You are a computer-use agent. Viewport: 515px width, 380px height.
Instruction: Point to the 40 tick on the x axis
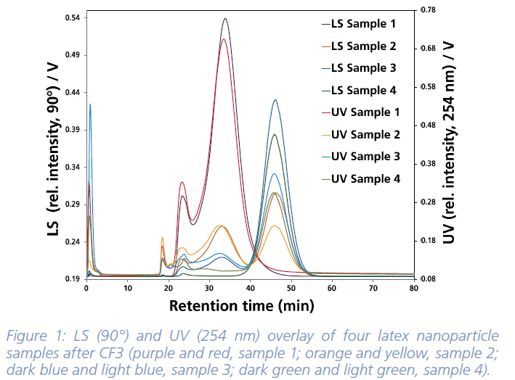coord(250,289)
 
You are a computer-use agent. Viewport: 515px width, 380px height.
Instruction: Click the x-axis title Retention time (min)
coord(241,305)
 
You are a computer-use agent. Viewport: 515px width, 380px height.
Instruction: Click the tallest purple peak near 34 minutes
coord(225,19)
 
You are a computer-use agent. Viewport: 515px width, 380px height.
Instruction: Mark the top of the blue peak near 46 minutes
coord(275,100)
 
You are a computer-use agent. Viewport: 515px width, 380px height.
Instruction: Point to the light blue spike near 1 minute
coord(90,104)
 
